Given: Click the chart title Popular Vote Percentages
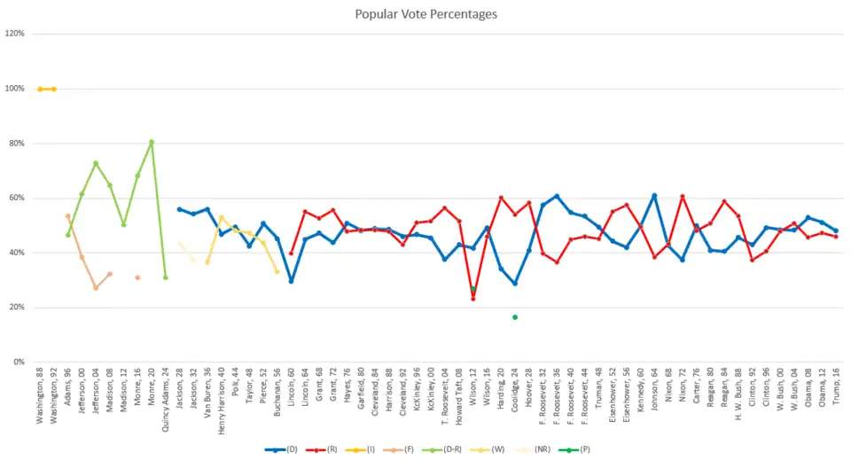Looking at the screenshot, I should [x=425, y=14].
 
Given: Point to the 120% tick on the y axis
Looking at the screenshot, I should [x=15, y=34].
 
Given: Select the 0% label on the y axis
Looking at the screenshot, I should [x=19, y=363].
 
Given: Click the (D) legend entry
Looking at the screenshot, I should [x=282, y=449].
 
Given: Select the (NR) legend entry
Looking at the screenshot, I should [x=538, y=449].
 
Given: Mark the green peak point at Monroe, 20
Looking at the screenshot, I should [x=152, y=142].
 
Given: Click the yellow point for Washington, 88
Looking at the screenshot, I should [x=40, y=89].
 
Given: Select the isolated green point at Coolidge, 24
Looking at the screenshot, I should [x=515, y=317].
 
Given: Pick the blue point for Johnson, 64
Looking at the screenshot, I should [x=654, y=195].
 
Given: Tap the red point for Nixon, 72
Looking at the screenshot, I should [x=683, y=196].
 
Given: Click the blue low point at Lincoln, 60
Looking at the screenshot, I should [x=291, y=281].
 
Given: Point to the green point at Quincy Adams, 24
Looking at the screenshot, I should [x=166, y=277].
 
